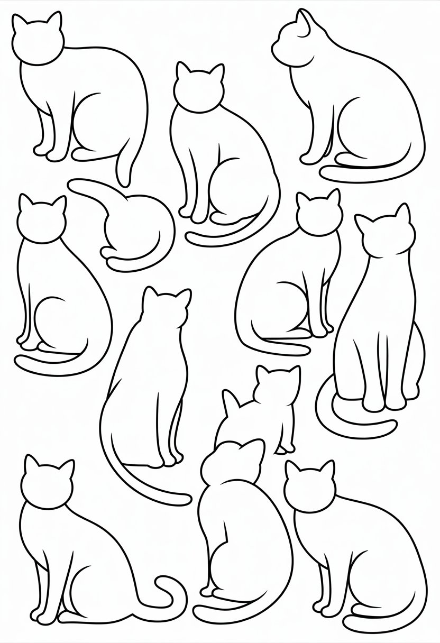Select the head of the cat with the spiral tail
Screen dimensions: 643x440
[47, 484]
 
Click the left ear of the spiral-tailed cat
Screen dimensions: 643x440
[31, 463]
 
